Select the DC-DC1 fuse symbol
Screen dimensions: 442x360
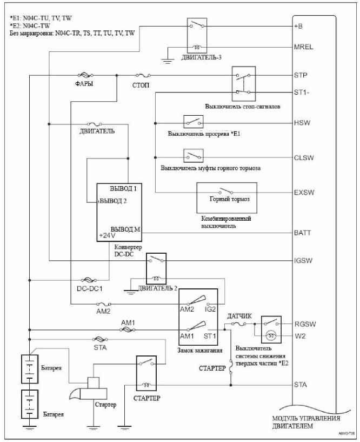coord(86,280)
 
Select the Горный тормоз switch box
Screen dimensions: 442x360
coord(226,199)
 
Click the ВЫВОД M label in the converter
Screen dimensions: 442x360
coord(126,229)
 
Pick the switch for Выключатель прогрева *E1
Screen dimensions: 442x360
coord(193,122)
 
